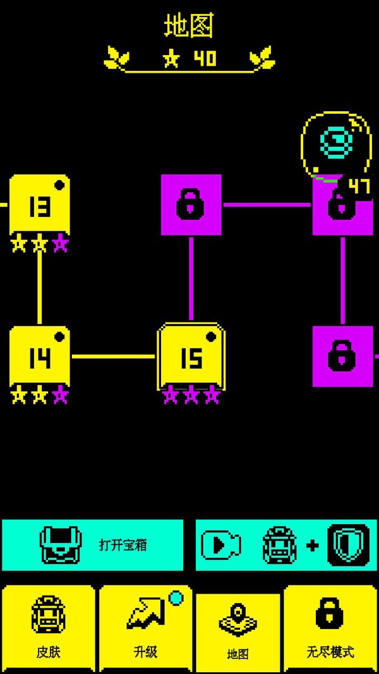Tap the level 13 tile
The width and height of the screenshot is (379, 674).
(39, 205)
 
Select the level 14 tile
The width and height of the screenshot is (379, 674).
(39, 357)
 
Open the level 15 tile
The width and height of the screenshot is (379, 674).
(191, 357)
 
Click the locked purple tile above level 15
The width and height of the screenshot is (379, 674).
(191, 205)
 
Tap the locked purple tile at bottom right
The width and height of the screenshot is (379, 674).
(342, 357)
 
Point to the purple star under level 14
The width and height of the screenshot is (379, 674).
(60, 396)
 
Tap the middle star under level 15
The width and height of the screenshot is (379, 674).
(191, 396)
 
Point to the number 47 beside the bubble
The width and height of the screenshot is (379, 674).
(359, 186)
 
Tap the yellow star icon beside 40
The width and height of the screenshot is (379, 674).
(171, 59)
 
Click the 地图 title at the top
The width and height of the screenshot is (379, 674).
(189, 26)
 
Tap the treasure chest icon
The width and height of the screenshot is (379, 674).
(61, 544)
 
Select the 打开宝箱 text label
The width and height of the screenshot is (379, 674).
(123, 544)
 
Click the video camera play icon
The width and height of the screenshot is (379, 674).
(220, 544)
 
